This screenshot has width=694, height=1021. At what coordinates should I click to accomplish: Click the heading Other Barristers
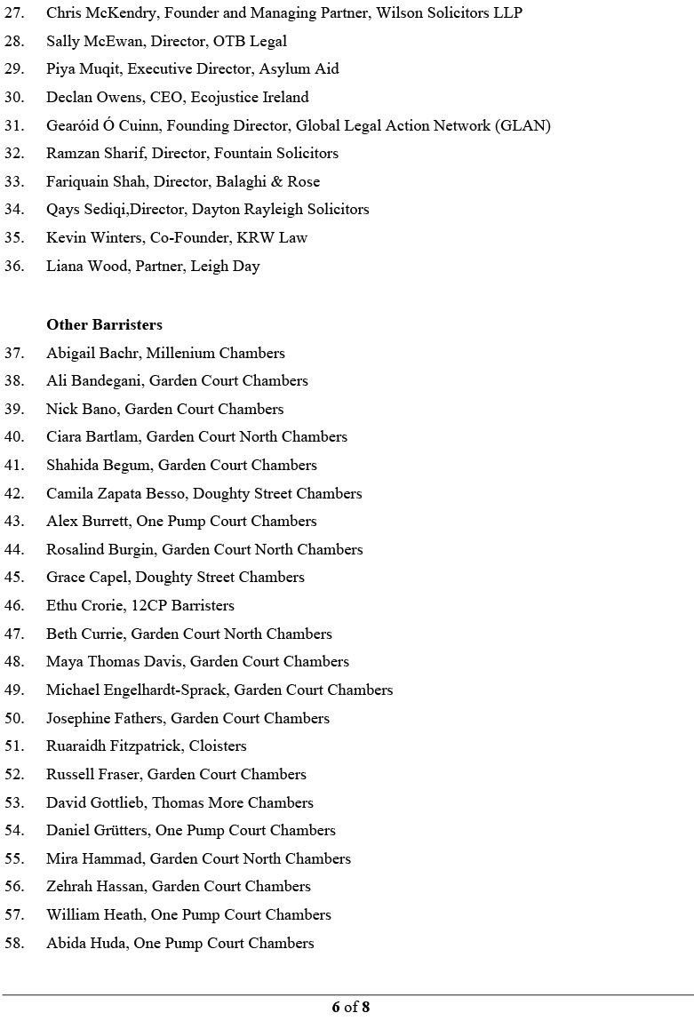(x=104, y=324)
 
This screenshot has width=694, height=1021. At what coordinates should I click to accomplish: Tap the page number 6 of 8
(x=350, y=1007)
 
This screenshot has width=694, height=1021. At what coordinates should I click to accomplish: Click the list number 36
(x=14, y=266)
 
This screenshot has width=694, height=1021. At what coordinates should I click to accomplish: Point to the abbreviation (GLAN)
(x=524, y=125)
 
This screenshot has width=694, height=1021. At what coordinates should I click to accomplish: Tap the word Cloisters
(x=218, y=746)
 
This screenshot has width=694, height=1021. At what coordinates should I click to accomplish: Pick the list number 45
(x=14, y=577)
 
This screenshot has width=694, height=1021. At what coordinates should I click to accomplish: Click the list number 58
(x=14, y=943)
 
